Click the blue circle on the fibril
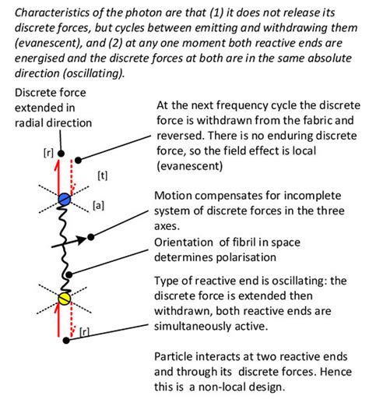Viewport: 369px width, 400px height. coord(65,200)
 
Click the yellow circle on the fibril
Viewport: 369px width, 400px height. coord(65,299)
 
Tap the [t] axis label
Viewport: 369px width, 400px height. coord(102,175)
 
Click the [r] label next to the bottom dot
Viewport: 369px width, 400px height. coord(86,331)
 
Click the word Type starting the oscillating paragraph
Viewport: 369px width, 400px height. coord(168,278)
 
